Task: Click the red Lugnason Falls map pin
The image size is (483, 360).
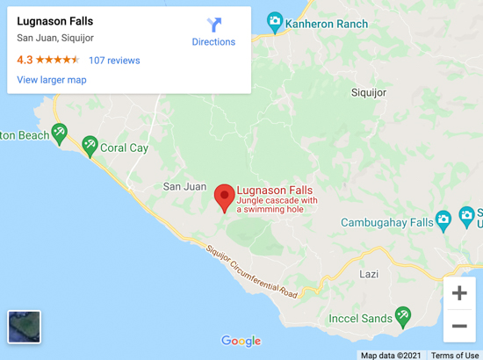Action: [224, 197]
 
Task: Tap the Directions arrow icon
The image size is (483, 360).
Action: [214, 25]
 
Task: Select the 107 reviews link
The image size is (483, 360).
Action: [114, 61]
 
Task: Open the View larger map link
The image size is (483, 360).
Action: [52, 80]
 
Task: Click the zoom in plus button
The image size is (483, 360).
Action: [459, 293]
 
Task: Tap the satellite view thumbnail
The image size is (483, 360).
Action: [25, 327]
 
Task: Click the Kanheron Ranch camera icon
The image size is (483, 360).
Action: [275, 21]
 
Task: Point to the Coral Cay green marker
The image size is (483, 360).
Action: [89, 145]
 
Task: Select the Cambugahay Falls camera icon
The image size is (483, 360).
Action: [443, 219]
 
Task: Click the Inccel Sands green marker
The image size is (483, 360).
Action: [403, 315]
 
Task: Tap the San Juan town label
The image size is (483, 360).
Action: [184, 186]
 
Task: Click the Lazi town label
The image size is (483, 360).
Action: [370, 274]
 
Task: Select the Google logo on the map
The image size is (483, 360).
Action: [241, 341]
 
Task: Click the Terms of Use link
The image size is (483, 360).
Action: [455, 355]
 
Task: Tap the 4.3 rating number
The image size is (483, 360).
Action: [25, 61]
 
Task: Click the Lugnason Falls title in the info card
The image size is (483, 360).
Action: [55, 21]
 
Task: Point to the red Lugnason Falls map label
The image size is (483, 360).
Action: [275, 190]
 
